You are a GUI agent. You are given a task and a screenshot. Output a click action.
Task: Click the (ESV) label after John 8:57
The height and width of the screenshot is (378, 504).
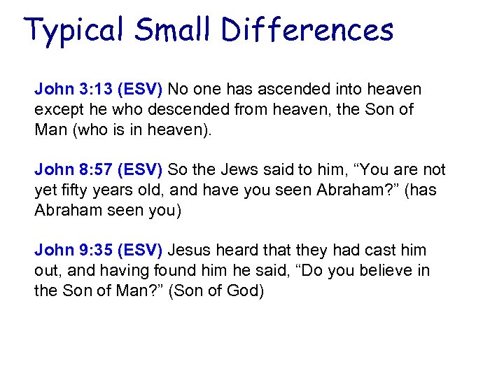point(140,170)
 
